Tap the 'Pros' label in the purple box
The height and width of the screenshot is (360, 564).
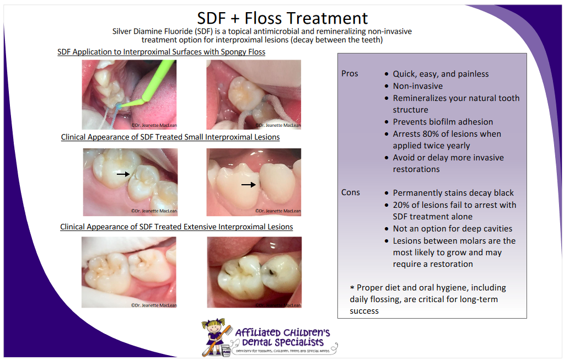pos(350,74)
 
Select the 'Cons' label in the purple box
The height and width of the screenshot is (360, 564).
pos(351,192)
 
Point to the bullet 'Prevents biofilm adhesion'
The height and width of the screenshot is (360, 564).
pos(443,122)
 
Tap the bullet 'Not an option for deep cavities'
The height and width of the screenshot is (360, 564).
pos(452,229)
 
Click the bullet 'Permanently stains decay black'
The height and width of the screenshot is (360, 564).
pos(453,193)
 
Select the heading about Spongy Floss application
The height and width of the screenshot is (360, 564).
pos(162,52)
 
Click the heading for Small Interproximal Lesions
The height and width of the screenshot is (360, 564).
pos(170,137)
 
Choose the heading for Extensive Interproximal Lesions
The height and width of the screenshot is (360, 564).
pos(176,227)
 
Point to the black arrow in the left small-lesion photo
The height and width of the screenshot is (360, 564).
pos(123,174)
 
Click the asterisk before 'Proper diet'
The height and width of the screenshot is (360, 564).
pos(352,288)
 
